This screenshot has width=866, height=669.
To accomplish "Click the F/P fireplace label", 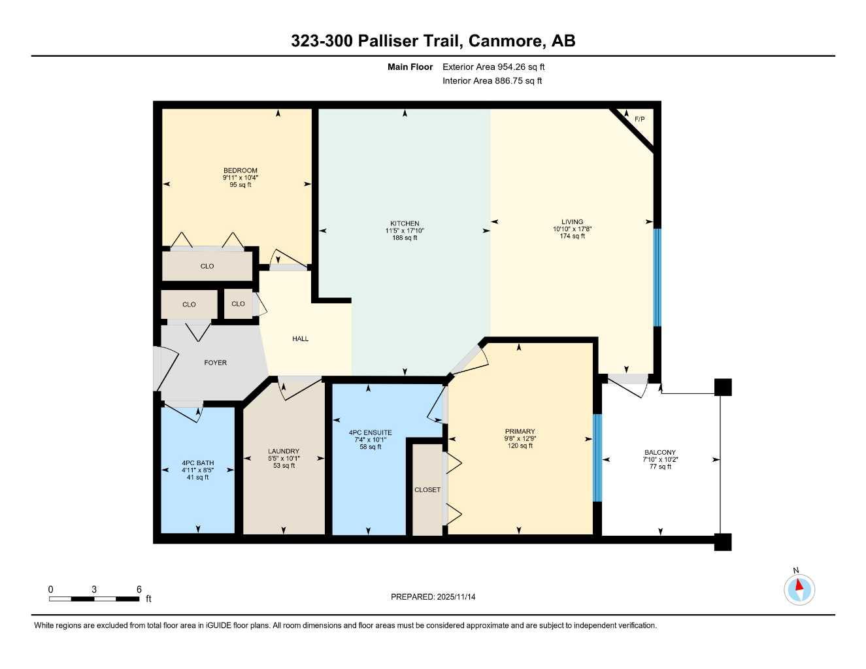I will (x=639, y=119).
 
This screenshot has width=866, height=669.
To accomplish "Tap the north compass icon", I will (x=799, y=589).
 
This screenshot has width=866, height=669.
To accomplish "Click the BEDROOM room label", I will (x=240, y=171).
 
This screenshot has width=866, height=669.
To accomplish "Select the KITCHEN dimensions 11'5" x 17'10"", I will (x=405, y=231).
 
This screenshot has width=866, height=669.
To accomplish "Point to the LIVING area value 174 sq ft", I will (x=572, y=236).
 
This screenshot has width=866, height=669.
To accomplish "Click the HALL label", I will (x=300, y=338).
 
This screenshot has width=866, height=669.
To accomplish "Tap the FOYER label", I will (x=215, y=363).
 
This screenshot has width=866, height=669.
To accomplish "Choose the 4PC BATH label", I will (x=197, y=463).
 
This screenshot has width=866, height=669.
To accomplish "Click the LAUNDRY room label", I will (x=284, y=451).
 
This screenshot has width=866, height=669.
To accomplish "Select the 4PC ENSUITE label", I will (x=370, y=432).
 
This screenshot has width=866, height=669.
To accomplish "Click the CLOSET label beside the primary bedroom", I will (x=427, y=489).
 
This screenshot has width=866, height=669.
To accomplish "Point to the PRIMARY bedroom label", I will (x=520, y=431).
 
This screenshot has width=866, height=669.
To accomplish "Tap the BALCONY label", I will (x=659, y=452).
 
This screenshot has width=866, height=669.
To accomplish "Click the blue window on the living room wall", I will (x=658, y=277).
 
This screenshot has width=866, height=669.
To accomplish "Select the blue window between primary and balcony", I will (x=596, y=457).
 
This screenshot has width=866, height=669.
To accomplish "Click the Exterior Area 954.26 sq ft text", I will (x=493, y=67).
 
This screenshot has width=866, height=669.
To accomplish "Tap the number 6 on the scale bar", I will (x=139, y=589).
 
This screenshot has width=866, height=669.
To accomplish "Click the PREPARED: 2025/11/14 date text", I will (x=433, y=596).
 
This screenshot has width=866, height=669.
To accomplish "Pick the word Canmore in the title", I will (x=507, y=41).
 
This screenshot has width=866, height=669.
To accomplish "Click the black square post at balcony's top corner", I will (x=722, y=387).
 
